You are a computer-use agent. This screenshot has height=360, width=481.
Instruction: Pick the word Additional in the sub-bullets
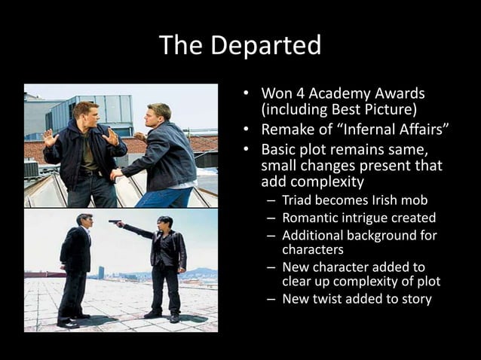click(312, 236)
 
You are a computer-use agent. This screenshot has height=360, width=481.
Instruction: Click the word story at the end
click(415, 299)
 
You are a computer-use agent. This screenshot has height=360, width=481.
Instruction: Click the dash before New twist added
click(271, 299)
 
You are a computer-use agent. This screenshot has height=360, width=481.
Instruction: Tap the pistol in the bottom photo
click(115, 222)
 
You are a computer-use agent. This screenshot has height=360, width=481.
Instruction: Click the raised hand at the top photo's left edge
click(49, 138)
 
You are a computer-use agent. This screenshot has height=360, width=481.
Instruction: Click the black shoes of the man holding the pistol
click(164, 315)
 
